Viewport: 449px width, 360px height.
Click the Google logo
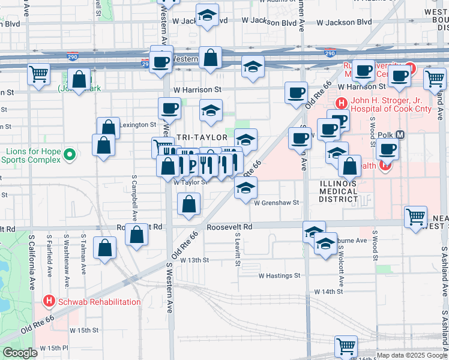20,353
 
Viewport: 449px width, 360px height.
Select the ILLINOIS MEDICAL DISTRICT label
338,191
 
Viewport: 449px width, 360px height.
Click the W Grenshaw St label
276,203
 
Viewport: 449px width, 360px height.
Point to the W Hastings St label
279,275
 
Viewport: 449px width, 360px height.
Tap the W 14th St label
328,291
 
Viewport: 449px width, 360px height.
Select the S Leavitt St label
238,250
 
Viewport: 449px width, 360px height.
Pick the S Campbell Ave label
135,199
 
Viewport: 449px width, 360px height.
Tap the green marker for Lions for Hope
70,155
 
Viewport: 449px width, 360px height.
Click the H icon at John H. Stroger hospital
341,103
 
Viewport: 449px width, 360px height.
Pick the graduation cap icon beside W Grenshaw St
246,188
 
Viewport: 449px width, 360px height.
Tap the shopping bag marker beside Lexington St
109,128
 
